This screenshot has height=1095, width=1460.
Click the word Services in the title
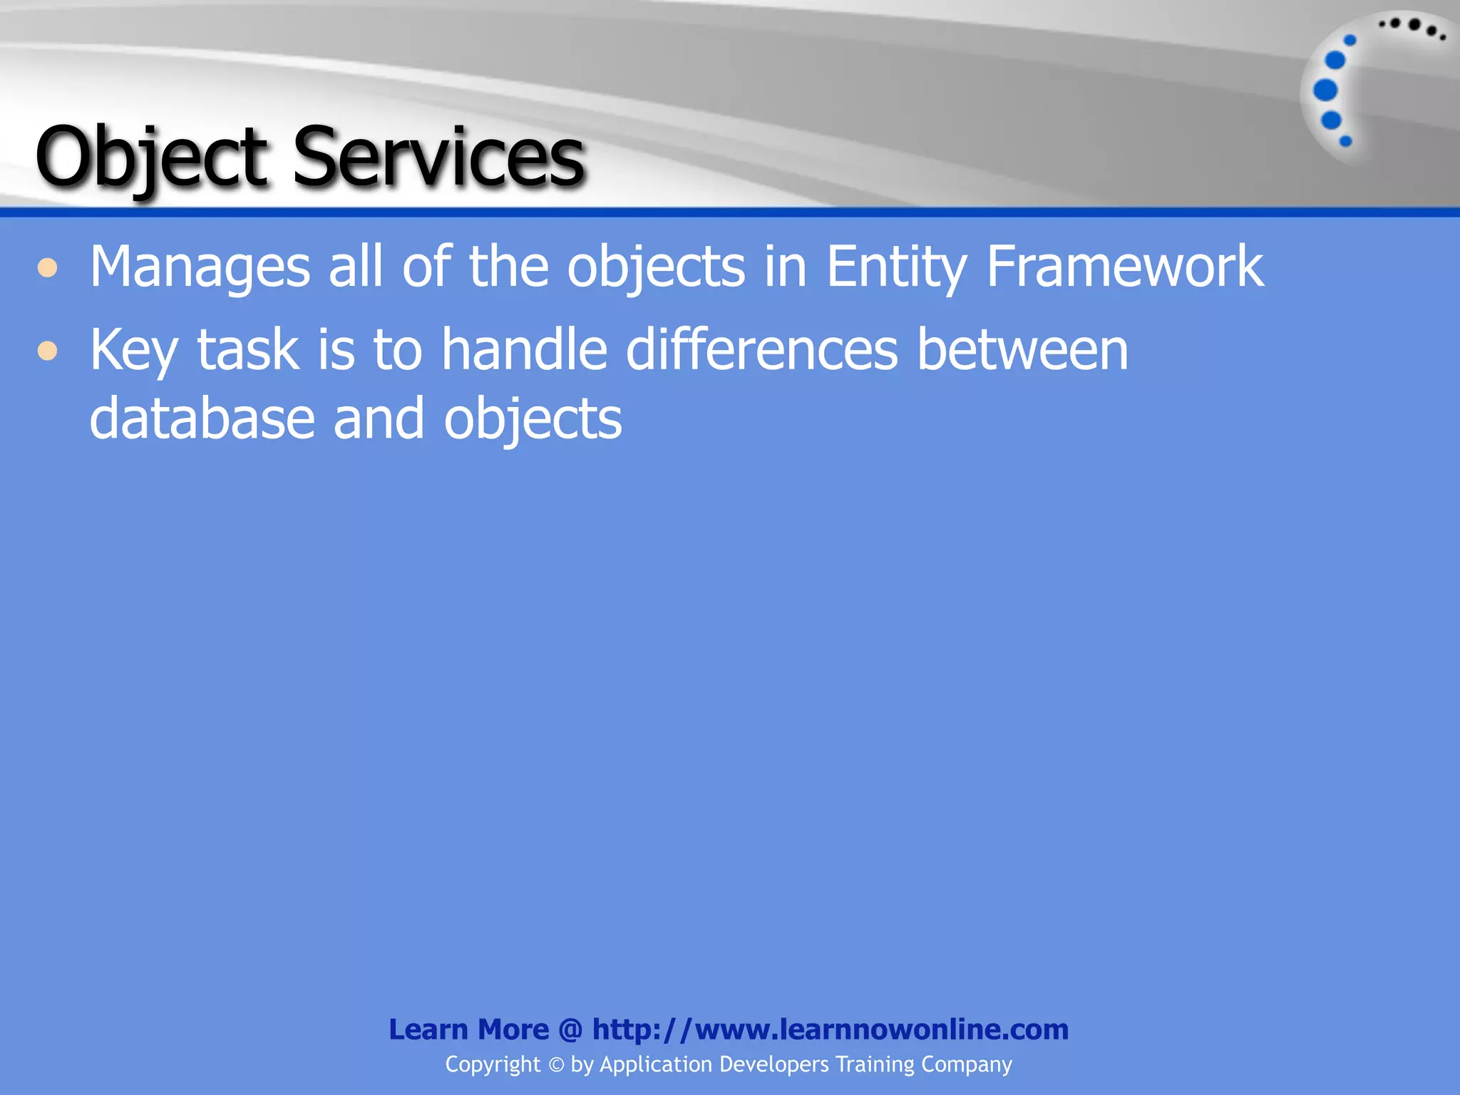point(438,157)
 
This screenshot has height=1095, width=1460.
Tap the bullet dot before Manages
point(48,268)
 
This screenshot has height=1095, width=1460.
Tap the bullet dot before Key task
point(48,351)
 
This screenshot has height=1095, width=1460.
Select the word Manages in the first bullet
point(200,268)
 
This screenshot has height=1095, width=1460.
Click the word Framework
point(1124,267)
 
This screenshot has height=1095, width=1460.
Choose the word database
point(202,418)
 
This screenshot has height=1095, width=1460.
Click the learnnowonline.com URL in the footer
point(831,1029)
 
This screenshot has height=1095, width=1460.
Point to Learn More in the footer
point(468,1029)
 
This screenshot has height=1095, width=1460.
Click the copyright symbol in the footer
point(556,1065)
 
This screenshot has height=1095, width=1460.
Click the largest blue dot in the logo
point(1325,91)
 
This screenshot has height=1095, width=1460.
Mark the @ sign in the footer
point(570,1029)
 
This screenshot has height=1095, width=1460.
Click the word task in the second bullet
point(247,351)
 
